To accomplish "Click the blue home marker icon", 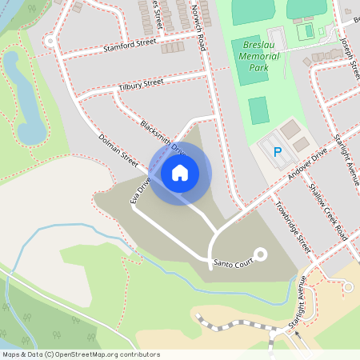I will pos(180,172).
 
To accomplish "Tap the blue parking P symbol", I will pos(278,151).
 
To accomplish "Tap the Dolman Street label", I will pos(118,150).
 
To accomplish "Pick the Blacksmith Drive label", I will pos(162,138).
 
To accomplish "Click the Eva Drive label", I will pos(141,192).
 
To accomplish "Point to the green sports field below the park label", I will pos(258,110).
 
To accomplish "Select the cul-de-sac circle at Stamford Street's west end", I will pos(50,40).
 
